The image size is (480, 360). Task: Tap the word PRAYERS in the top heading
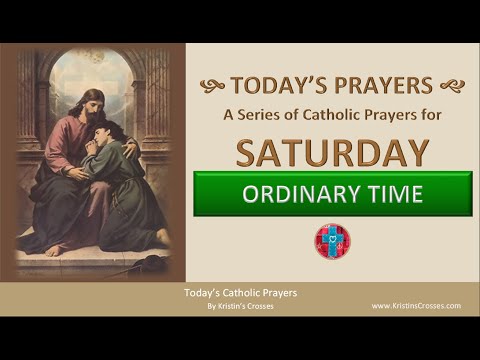(384, 85)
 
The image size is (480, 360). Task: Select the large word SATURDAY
(333, 151)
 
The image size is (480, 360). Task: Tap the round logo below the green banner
(333, 241)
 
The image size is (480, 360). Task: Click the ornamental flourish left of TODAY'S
(212, 86)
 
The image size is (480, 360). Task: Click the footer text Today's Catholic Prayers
(240, 293)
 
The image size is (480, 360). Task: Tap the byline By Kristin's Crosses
(240, 305)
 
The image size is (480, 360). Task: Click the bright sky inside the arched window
(95, 70)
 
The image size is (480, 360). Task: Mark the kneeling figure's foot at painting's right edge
(161, 236)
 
